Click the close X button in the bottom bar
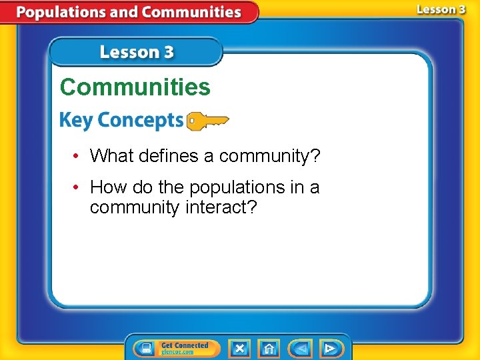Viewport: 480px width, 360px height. pos(239,349)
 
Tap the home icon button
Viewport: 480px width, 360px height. pos(269,349)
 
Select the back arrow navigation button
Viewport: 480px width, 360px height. pos(300,349)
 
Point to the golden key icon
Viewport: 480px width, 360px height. pos(207,121)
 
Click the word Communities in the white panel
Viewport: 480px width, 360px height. pos(135,87)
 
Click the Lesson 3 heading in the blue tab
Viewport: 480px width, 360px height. pos(137,52)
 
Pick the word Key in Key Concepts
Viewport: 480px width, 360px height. pos(75,121)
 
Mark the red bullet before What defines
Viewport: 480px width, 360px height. pos(78,157)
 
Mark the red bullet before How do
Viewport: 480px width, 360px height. pos(78,188)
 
